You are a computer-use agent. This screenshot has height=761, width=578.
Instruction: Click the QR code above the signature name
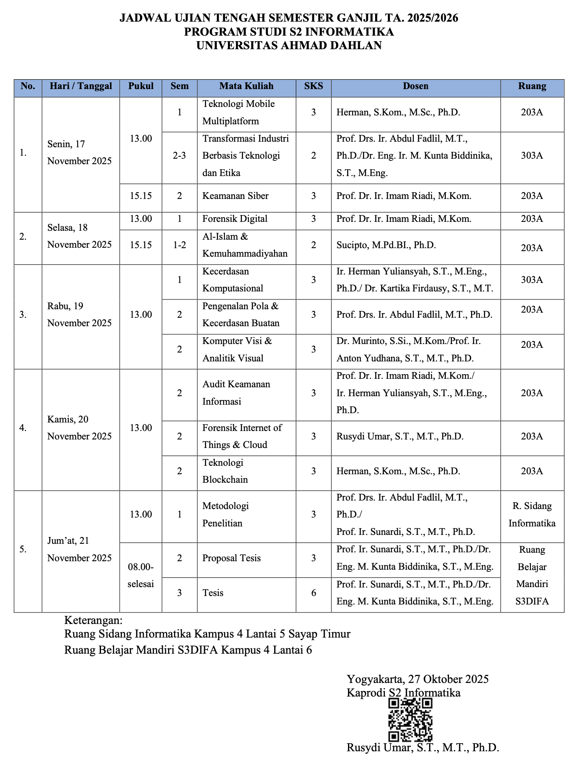point(410,719)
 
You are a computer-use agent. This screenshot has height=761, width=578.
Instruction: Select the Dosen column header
point(415,86)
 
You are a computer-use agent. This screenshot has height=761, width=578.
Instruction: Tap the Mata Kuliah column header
point(246,86)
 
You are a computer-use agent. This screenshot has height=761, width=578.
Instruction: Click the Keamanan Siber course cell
point(236,196)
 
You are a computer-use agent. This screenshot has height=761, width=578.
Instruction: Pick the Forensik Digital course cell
point(235,219)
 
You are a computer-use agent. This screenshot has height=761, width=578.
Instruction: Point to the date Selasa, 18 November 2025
point(79,236)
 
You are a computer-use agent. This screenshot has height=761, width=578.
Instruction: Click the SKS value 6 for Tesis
point(313,593)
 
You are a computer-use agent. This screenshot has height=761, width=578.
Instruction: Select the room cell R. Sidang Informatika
point(532,515)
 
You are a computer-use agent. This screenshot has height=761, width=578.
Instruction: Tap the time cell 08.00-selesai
point(140,575)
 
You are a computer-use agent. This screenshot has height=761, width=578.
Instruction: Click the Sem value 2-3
point(179,156)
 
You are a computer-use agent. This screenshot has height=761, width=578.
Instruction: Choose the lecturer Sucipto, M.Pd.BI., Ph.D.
point(386,245)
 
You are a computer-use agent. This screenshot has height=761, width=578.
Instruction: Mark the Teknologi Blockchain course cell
point(225,471)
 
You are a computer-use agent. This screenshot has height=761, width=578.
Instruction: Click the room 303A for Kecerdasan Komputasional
point(532,280)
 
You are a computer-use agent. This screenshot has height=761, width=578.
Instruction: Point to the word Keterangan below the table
point(93,621)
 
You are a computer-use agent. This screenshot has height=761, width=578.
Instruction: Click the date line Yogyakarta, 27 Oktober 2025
point(417,679)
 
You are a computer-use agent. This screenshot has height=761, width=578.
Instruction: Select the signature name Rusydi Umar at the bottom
point(422,747)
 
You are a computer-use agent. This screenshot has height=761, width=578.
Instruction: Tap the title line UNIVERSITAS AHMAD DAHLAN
point(289,45)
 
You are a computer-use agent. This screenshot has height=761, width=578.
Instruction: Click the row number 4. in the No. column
point(23,428)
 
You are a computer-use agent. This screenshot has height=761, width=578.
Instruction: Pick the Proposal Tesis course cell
point(231,558)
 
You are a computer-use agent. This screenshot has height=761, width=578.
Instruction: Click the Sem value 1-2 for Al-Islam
point(179,245)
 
